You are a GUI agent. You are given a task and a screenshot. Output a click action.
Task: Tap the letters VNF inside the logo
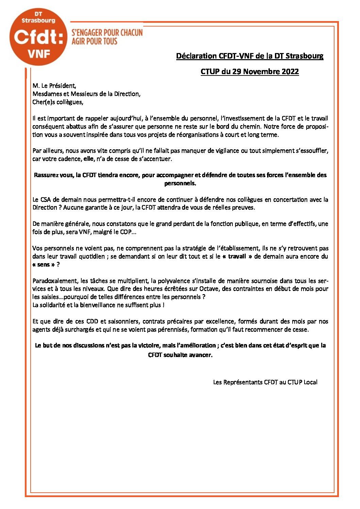coord(38,53)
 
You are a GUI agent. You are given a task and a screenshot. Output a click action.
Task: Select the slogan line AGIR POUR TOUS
coord(94,41)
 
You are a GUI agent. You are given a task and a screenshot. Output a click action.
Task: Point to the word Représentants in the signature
coord(243,382)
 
